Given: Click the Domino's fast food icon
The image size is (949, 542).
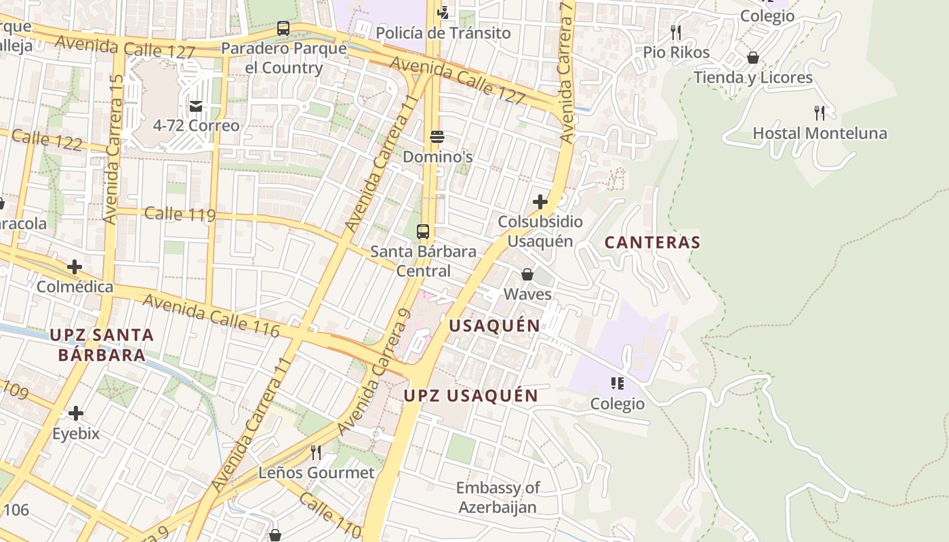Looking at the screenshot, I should point(437,137).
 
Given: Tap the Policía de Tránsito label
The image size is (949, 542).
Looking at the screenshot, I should point(443,33).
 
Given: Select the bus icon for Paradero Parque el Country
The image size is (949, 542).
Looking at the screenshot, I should point(283,28).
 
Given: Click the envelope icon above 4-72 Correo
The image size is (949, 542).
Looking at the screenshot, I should point(196,106).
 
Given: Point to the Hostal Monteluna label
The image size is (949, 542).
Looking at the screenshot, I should point(820,133).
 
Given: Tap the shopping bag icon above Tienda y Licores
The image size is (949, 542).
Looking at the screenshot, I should point(752,58).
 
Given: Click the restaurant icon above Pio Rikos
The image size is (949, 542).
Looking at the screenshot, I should point(675,33).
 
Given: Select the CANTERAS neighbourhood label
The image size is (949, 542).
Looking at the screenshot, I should point(652,243).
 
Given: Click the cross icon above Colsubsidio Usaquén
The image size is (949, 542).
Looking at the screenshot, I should point(540,202).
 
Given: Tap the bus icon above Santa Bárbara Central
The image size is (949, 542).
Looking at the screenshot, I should point(423,232).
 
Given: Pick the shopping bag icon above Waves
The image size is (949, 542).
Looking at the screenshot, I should point(527,274).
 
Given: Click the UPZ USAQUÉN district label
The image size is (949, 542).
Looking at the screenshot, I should point(471,396).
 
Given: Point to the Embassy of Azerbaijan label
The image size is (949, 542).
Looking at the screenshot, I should point(498,497).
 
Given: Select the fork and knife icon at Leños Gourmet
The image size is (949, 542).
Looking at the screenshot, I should point(316,453).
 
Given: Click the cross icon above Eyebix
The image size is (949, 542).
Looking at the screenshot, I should point(76,413).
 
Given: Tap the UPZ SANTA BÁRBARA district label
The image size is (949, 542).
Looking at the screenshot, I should point(102,345).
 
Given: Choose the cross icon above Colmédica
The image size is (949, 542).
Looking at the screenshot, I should point(75,267).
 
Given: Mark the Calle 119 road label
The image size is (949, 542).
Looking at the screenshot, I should point(180,215).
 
